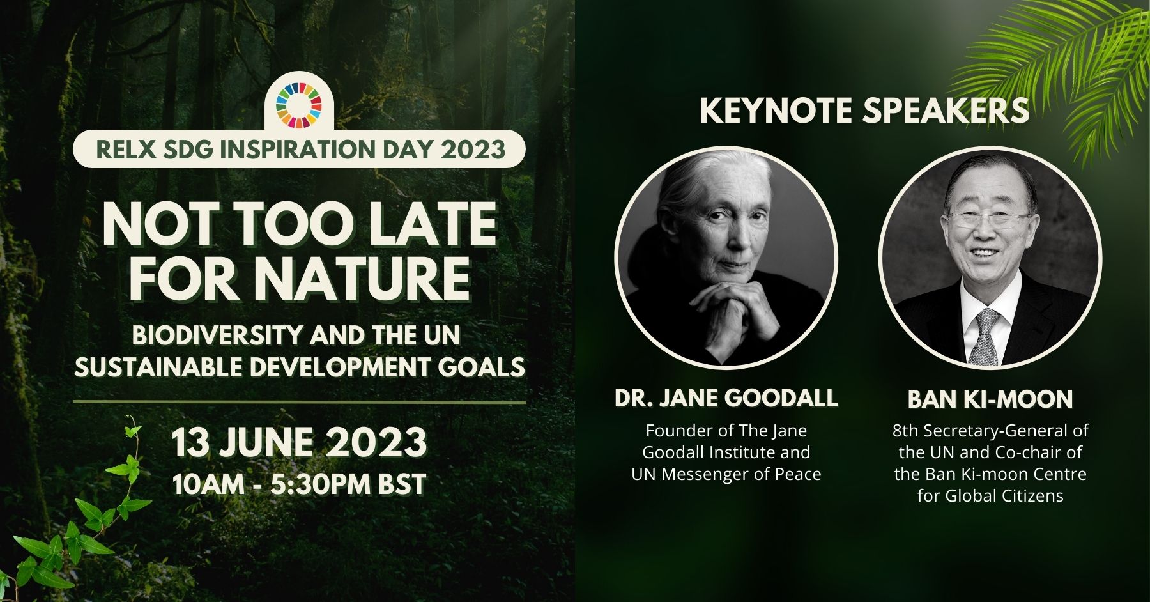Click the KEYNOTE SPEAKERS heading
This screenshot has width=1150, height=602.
click(864, 111)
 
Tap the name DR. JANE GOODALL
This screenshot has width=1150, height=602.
click(726, 398)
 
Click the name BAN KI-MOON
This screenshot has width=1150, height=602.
click(990, 399)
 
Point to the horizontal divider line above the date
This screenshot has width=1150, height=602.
click(299, 403)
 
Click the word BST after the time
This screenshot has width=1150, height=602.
click(402, 484)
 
